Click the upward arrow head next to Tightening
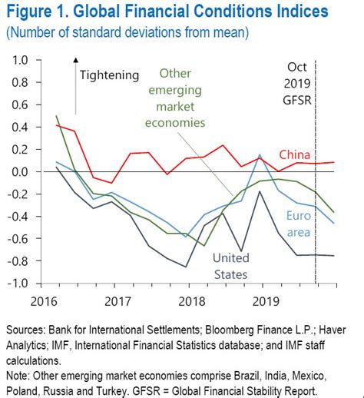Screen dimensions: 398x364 (75, 60)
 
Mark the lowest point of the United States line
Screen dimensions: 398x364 (186, 267)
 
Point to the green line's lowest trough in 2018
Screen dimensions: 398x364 (204, 246)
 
